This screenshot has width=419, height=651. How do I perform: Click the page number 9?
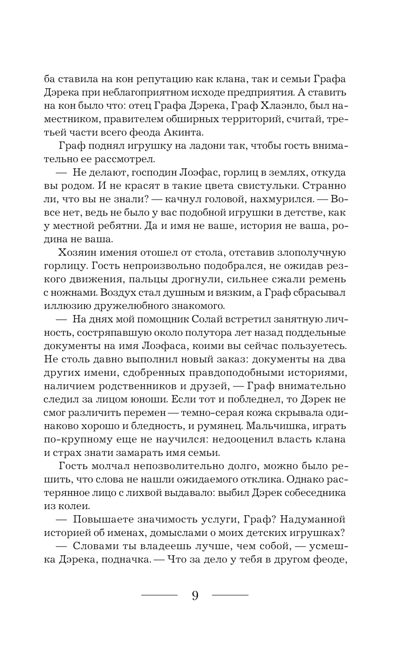(195, 595)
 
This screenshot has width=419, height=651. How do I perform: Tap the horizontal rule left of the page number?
(160, 595)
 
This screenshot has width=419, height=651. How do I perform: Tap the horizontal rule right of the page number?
(230, 595)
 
